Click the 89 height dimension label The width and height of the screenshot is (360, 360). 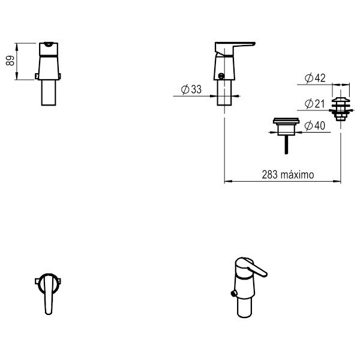click(10, 61)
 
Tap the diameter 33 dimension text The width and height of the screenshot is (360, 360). click(191, 89)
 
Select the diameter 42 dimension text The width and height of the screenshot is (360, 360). click(315, 78)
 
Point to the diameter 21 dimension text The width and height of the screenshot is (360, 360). click(314, 104)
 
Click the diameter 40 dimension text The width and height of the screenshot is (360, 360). click(315, 125)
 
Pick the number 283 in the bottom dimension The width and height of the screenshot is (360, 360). click(270, 175)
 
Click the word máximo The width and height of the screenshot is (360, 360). click(298, 175)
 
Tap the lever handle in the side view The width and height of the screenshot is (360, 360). click(235, 48)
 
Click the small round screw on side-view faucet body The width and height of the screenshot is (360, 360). click(221, 76)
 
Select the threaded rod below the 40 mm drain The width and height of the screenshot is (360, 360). click(286, 145)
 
